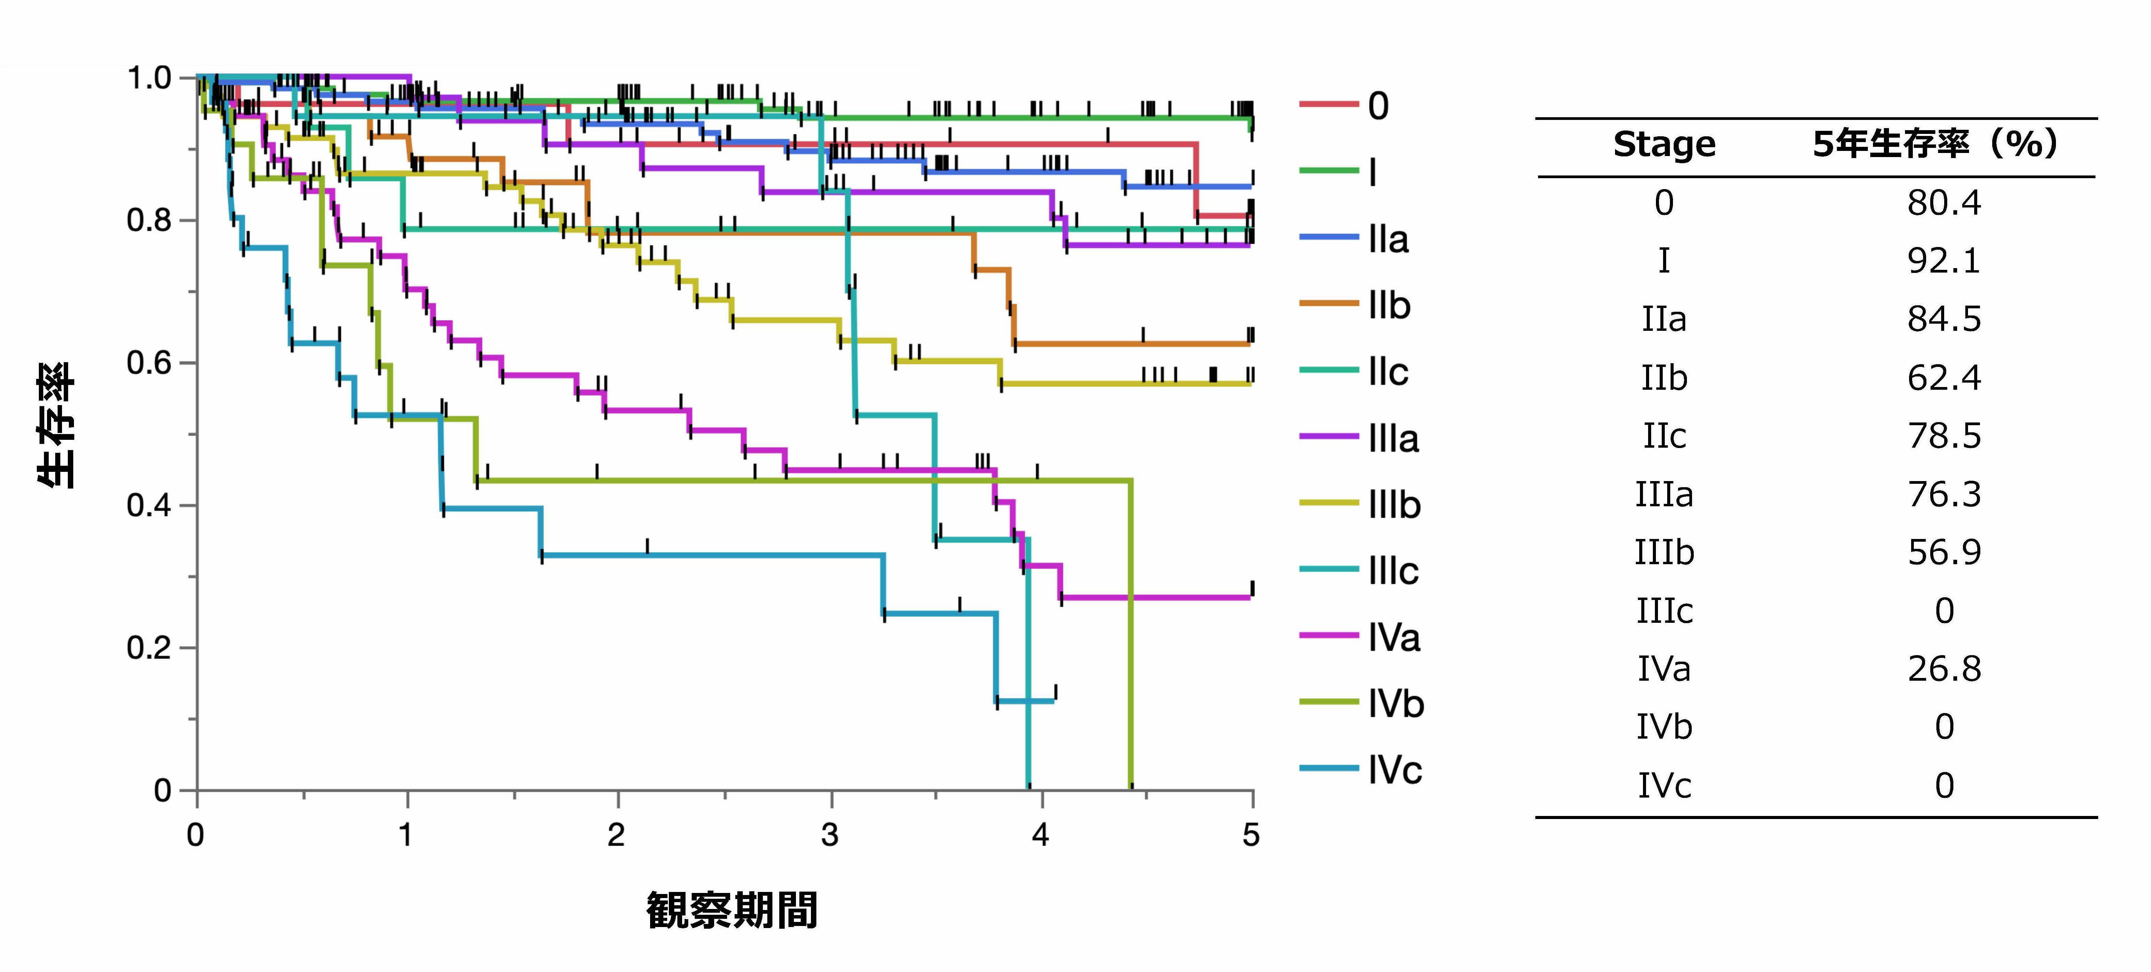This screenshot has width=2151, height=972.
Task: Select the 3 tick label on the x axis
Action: (829, 834)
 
